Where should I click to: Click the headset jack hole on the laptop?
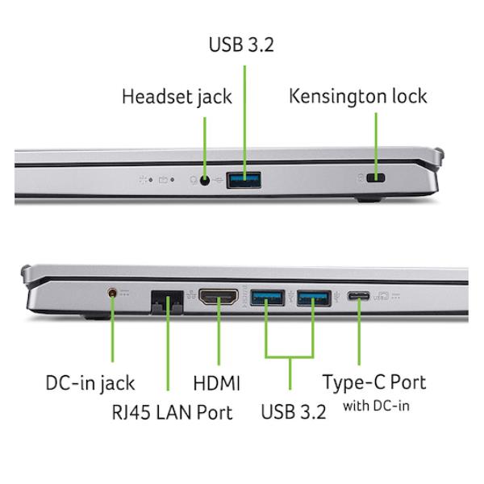205,180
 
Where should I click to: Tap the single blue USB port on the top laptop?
244,180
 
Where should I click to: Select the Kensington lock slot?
375,177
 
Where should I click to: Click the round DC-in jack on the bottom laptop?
113,292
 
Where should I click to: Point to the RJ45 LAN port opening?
167,302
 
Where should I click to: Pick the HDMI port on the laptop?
219,296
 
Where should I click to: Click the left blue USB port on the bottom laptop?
267,298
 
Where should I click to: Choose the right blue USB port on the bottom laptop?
314,298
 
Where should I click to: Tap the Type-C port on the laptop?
358,296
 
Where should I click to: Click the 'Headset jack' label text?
177,97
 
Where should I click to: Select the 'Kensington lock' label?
358,96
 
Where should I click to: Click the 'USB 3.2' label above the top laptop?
241,44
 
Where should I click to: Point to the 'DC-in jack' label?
90,384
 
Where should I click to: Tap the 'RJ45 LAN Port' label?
173,412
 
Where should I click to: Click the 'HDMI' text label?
216,383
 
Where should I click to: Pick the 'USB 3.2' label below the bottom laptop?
294,411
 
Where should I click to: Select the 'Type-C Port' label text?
374,383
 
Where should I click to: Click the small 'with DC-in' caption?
376,406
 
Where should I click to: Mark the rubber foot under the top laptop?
369,199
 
